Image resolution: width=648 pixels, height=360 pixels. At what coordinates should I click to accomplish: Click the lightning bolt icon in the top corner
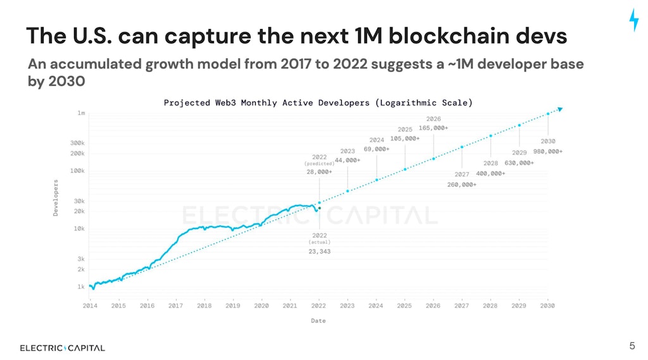click(633, 20)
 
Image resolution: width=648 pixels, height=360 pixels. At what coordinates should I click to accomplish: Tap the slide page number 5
click(632, 345)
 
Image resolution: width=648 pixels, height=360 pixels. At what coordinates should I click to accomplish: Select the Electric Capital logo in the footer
click(63, 347)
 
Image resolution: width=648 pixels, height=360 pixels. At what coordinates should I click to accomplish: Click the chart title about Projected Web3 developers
click(318, 102)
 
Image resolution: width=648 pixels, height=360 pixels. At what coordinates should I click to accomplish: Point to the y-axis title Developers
click(56, 198)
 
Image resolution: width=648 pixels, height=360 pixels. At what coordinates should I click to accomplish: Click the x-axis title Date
click(318, 321)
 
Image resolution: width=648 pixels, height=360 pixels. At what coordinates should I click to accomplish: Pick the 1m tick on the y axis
click(81, 113)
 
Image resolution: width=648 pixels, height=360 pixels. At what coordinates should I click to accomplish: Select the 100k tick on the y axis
click(77, 171)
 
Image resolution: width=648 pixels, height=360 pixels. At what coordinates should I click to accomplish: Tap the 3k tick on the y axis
click(81, 259)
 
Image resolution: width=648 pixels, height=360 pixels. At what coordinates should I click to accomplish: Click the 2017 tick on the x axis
click(175, 306)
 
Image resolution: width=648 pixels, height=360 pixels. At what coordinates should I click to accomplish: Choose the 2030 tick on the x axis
click(547, 306)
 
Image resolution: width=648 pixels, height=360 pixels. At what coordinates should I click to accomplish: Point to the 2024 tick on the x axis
click(376, 306)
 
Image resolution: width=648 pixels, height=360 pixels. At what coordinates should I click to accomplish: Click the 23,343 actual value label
click(319, 251)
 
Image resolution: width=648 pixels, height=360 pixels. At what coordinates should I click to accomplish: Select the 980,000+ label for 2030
click(547, 151)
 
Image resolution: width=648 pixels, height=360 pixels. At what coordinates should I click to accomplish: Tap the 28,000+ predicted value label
click(319, 171)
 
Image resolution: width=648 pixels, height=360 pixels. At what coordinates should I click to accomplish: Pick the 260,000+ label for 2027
click(461, 184)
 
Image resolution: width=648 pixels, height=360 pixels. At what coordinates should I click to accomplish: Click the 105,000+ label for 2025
click(405, 139)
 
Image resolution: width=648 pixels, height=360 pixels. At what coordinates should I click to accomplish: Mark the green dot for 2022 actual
click(320, 208)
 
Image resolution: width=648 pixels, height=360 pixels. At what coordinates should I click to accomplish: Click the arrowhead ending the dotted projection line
click(559, 109)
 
